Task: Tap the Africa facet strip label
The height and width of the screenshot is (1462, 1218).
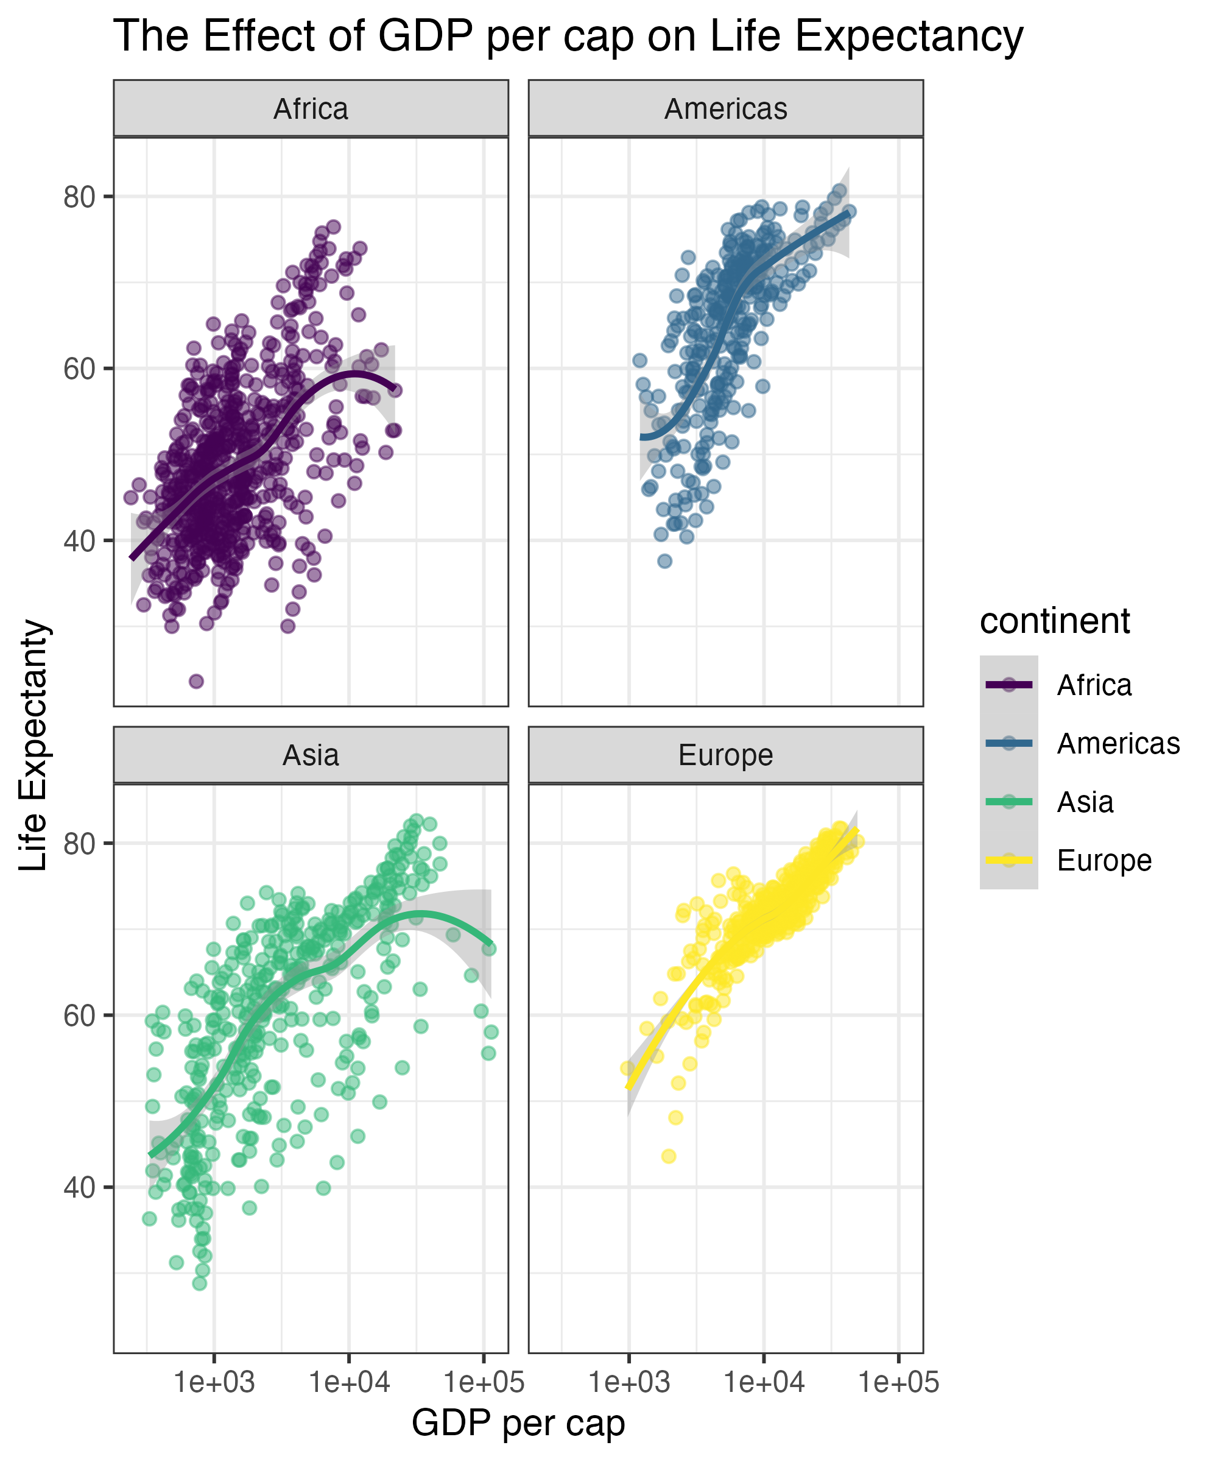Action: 311,109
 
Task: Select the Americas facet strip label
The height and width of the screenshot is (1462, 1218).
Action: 725,109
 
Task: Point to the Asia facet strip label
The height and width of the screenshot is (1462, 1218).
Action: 311,755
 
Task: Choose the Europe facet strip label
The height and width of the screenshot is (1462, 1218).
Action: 725,755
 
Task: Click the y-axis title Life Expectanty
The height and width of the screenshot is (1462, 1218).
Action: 33,745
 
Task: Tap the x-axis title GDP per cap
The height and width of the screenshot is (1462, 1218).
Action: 518,1423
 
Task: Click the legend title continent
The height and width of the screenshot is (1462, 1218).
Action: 1054,621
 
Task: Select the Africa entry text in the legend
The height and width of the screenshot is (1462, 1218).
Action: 1094,686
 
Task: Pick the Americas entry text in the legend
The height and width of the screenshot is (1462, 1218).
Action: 1118,744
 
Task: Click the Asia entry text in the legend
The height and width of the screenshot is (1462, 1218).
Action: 1085,803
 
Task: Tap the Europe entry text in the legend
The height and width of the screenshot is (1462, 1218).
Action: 1104,861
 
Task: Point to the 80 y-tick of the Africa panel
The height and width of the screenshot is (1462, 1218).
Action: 79,197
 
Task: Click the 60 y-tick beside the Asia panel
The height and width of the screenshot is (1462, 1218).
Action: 79,1015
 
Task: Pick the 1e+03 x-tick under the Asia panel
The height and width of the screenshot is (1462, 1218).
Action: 214,1383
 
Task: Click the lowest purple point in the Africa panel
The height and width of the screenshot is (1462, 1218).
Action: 196,681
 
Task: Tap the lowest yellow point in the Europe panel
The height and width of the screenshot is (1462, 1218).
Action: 668,1156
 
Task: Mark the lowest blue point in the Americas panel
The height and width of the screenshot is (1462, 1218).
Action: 664,561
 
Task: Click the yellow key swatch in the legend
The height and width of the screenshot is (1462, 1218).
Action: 1009,861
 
